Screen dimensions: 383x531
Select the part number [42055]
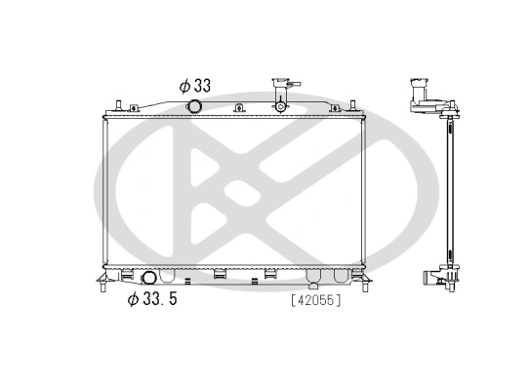coord(313,300)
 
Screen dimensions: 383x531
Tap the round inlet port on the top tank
coord(195,106)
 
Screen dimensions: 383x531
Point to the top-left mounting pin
coord(116,104)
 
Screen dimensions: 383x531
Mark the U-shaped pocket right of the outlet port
coord(171,276)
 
